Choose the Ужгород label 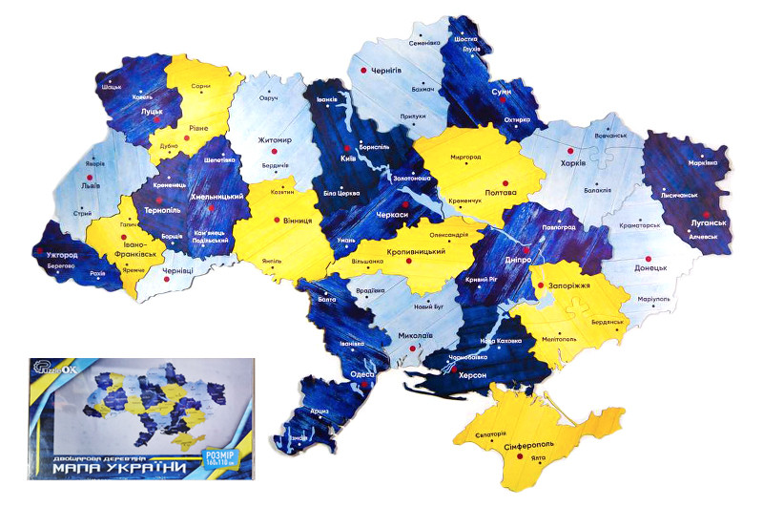58,256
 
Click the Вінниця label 298,221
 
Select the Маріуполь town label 654,299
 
